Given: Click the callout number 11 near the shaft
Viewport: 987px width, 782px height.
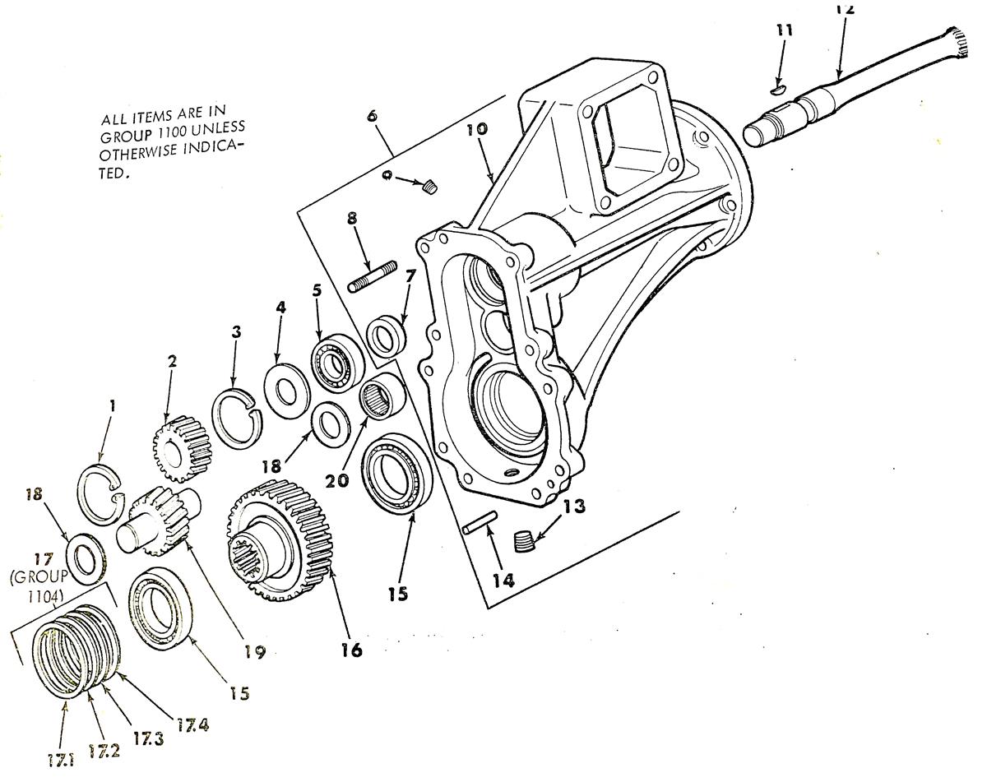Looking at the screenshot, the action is pos(785,30).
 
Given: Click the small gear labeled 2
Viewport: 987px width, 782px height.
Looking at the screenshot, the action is pos(183,450).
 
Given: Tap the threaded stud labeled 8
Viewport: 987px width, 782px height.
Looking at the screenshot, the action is pos(373,275).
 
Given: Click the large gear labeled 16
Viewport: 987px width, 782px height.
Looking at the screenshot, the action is pos(280,541).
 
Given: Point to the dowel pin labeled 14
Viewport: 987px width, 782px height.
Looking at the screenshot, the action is pos(480,522).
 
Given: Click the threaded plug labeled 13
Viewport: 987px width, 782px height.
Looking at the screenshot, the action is pos(523,541).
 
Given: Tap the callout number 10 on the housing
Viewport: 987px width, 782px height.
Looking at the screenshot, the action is pos(477,129).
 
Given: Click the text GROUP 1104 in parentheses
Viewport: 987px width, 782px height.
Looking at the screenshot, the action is pos(39,586).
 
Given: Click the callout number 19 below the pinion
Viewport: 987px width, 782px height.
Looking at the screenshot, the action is pos(255,652).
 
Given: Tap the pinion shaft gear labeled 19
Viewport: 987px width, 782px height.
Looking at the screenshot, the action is pos(160,523).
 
